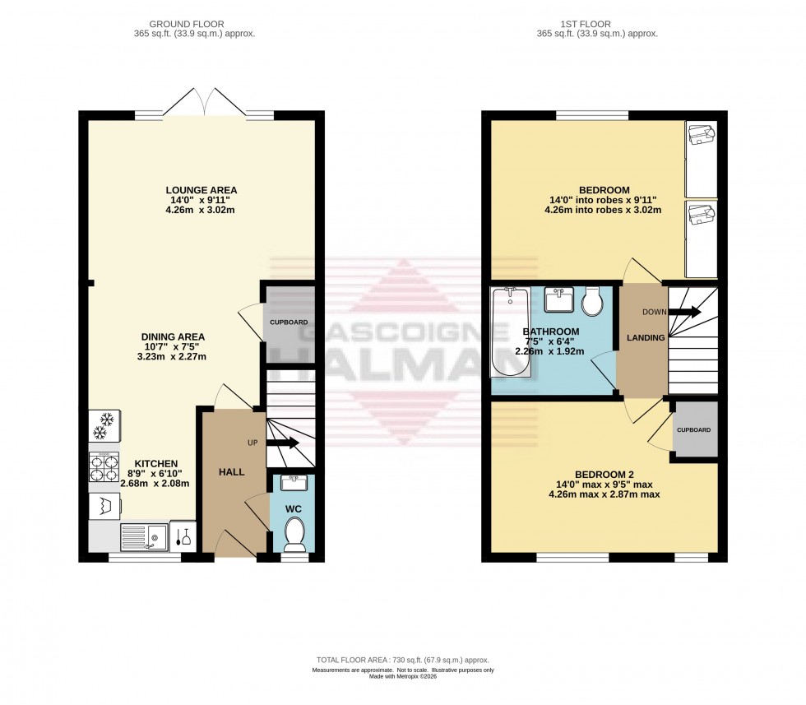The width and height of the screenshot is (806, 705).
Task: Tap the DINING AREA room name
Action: [x=173, y=336]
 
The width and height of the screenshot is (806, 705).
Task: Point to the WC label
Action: [x=294, y=509]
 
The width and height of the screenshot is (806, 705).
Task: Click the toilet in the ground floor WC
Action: [x=294, y=537]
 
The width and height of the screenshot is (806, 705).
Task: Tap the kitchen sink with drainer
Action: [x=145, y=537]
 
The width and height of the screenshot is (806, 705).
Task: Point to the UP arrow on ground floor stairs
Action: [x=281, y=443]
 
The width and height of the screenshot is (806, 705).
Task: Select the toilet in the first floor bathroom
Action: [x=592, y=303]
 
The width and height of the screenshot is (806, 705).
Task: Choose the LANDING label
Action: [x=645, y=337]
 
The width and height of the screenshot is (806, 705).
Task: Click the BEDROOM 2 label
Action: [x=604, y=475]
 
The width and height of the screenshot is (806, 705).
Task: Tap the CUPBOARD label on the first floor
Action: [x=693, y=430]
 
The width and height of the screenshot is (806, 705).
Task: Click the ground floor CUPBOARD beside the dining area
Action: [x=289, y=322]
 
